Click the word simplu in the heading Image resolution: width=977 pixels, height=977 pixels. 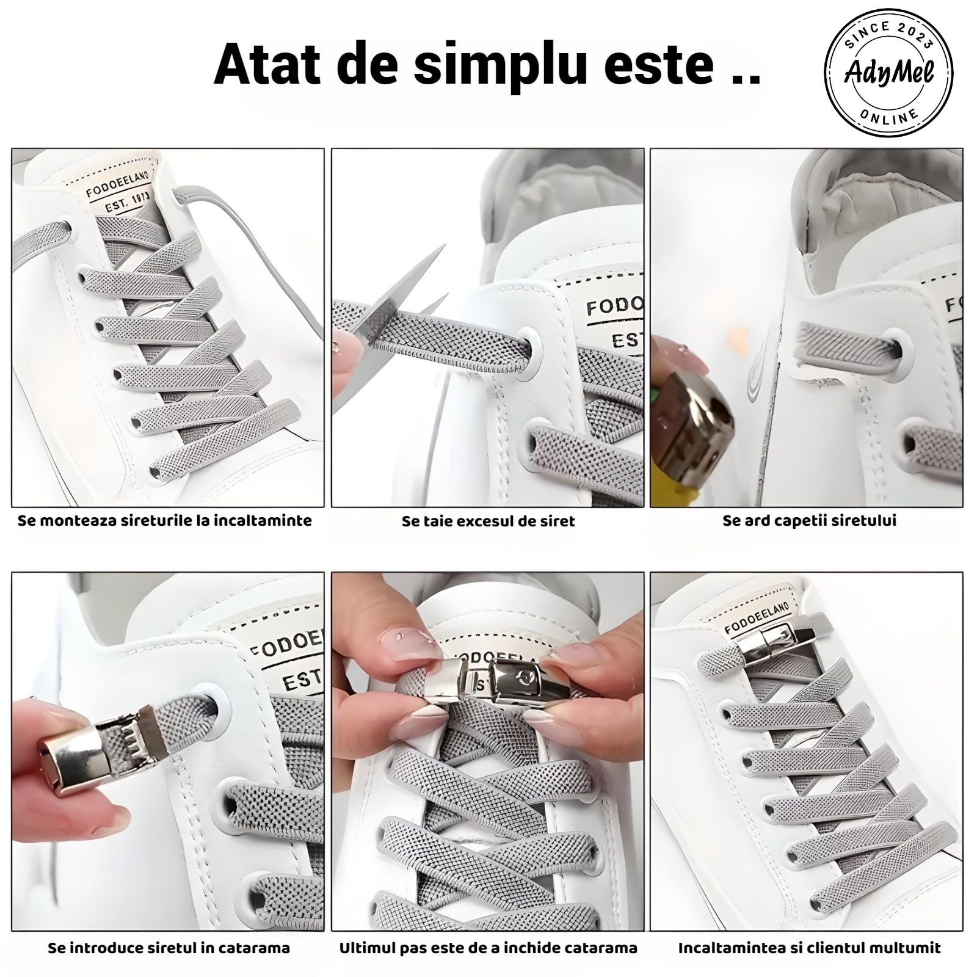(500, 64)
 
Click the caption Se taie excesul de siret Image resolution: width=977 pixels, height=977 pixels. (488, 521)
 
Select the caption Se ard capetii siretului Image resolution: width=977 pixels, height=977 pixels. (809, 521)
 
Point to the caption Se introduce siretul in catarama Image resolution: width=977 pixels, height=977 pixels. (169, 948)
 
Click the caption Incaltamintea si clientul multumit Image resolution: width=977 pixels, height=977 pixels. (809, 948)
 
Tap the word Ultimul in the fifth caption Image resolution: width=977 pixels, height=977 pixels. (368, 948)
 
